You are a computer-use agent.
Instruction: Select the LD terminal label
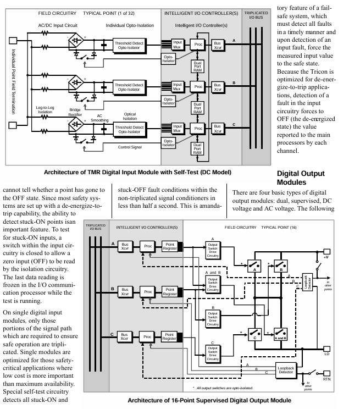326,353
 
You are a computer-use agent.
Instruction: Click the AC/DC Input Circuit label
58,25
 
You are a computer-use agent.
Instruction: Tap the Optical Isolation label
129,118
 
